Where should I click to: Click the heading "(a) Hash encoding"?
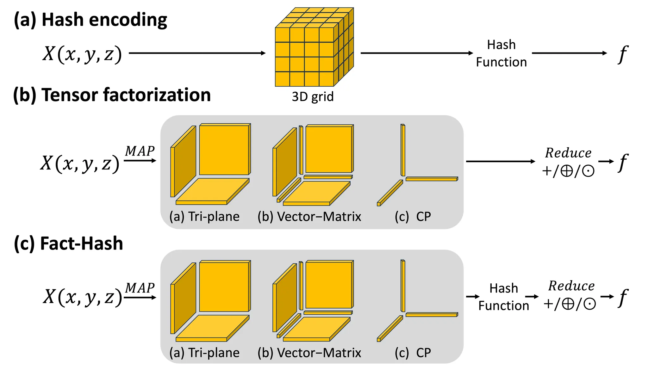90,20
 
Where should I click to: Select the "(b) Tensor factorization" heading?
112,95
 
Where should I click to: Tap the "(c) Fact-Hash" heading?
68,244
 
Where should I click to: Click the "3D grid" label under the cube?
313,97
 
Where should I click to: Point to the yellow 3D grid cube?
314,47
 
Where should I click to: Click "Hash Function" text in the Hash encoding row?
502,53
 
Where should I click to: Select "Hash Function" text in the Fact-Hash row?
504,297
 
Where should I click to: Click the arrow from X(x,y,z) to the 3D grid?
197,53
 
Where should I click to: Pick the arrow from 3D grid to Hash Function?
417,53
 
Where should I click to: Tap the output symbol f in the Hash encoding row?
623,54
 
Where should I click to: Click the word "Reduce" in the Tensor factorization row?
568,153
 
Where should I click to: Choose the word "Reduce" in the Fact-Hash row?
571,286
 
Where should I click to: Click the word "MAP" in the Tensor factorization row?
140,151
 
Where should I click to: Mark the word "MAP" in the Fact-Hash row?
140,288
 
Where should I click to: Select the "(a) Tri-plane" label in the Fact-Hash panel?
204,353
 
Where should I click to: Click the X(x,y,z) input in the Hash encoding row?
82,54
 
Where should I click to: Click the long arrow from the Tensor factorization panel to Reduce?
501,161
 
